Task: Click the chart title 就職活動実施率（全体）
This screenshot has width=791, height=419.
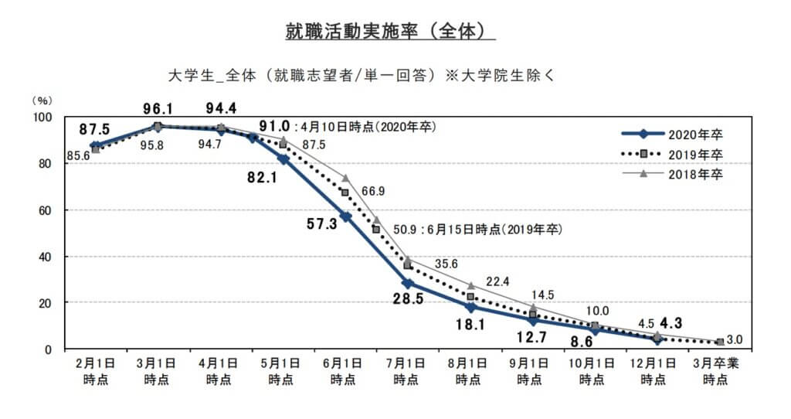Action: coord(389,32)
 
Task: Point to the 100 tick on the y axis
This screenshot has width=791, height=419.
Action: coord(42,117)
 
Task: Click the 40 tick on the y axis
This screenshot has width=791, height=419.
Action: coord(46,257)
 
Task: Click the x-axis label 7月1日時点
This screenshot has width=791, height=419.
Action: coord(407,371)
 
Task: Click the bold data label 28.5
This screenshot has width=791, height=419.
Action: coord(407,298)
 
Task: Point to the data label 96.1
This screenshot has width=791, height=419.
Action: coord(157,109)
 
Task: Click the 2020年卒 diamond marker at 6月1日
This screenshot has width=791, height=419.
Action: coord(345,216)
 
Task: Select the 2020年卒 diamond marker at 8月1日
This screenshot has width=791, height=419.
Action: coord(470,307)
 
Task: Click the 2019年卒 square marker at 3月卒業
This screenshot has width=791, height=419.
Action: coord(719,342)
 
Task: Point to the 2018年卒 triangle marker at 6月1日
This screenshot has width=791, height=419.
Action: coord(345,178)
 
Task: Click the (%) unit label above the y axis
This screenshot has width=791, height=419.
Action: coord(42,100)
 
